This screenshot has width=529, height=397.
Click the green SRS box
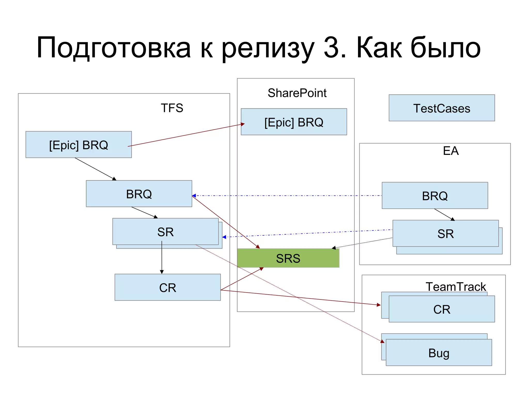(x=288, y=258)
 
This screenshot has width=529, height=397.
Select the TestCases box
(x=442, y=108)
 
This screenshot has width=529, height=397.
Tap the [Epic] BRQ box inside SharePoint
(x=294, y=122)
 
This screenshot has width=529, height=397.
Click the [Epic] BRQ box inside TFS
(x=79, y=145)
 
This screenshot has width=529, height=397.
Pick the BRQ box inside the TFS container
(x=139, y=194)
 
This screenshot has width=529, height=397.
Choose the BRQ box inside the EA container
(x=435, y=196)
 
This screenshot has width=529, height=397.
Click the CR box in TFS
(x=168, y=287)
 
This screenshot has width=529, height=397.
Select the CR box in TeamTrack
(x=442, y=309)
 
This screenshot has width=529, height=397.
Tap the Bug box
(x=439, y=353)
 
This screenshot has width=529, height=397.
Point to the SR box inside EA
(x=445, y=233)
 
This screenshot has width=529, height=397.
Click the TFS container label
(x=172, y=108)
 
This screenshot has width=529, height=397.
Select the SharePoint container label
(x=297, y=93)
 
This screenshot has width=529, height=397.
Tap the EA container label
(x=451, y=151)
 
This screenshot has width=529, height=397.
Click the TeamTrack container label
(x=456, y=287)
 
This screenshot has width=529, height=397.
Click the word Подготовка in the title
(x=114, y=48)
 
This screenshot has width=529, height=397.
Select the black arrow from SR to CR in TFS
(x=162, y=259)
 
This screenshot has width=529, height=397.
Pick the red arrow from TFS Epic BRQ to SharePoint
(x=186, y=135)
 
